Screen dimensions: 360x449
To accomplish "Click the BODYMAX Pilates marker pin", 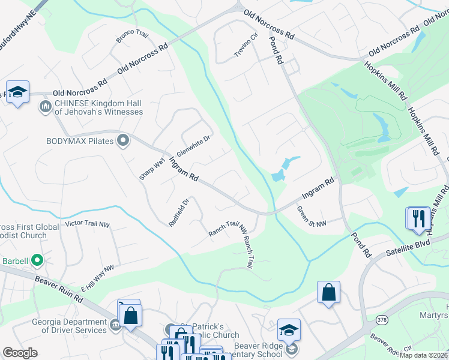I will pos(123,140).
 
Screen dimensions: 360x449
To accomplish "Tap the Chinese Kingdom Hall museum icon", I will pos(45,107).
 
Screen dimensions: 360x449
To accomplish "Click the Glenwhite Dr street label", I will pos(193,147).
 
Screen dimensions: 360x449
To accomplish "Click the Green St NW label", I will pos(312,217).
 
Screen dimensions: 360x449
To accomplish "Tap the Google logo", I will pos(20,353).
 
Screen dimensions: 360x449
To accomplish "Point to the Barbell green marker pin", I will pos(37,260).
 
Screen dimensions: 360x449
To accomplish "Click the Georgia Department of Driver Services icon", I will pos(115,325).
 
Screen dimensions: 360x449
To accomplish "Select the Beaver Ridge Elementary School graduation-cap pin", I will pos(289,329).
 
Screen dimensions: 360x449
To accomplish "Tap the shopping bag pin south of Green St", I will pos(328,292).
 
